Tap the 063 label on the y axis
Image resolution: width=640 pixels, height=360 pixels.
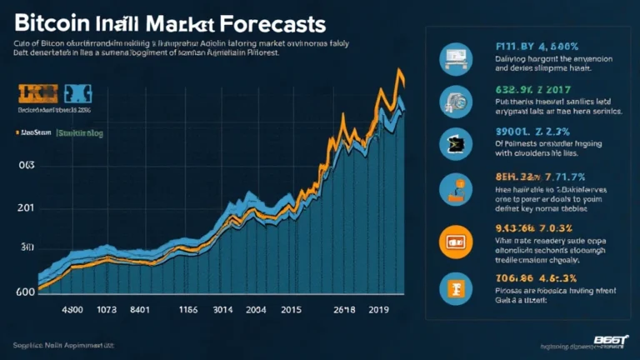click(27, 166)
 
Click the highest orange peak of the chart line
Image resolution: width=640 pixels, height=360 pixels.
click(399, 73)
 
